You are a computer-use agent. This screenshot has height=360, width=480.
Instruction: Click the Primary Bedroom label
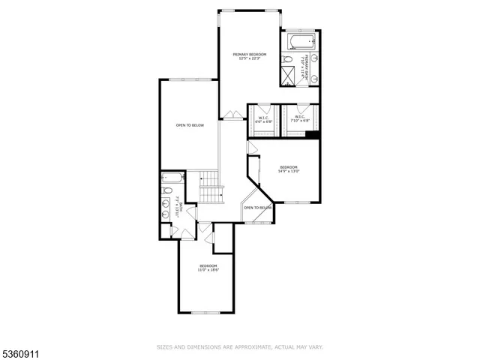pyautogui.click(x=250, y=55)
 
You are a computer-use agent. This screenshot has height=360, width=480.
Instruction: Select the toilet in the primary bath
pyautogui.click(x=289, y=59)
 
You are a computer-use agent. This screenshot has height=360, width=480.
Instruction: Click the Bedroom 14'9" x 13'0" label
pyautogui.click(x=289, y=169)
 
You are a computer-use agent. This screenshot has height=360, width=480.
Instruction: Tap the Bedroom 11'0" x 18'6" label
pyautogui.click(x=208, y=268)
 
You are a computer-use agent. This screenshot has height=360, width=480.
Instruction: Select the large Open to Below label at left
pyautogui.click(x=190, y=125)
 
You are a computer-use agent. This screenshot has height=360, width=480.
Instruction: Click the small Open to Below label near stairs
pyautogui.click(x=256, y=208)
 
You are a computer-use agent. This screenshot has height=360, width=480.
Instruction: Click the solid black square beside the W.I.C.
pyautogui.click(x=311, y=136)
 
